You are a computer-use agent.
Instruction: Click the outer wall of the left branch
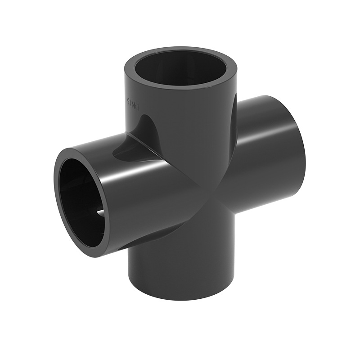pos(144,198)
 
